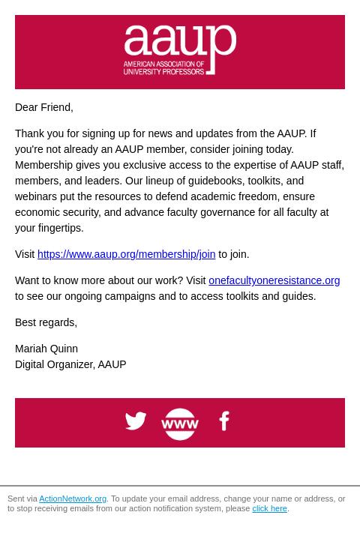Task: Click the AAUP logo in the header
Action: (180, 50)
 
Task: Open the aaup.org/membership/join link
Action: (126, 254)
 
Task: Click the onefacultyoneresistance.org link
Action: (274, 280)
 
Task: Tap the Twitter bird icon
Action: (136, 421)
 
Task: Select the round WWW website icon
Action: (180, 424)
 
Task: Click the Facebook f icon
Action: (223, 421)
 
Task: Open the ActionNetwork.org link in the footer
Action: (73, 499)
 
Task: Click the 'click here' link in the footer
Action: (269, 508)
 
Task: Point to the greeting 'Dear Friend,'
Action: (44, 107)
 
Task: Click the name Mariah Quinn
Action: (46, 349)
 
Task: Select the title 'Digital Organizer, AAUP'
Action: (70, 364)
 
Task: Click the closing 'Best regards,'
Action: (46, 322)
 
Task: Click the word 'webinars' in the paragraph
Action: (36, 196)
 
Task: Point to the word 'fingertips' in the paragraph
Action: (59, 228)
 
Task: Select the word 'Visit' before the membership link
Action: (25, 254)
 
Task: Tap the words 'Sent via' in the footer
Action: (22, 499)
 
